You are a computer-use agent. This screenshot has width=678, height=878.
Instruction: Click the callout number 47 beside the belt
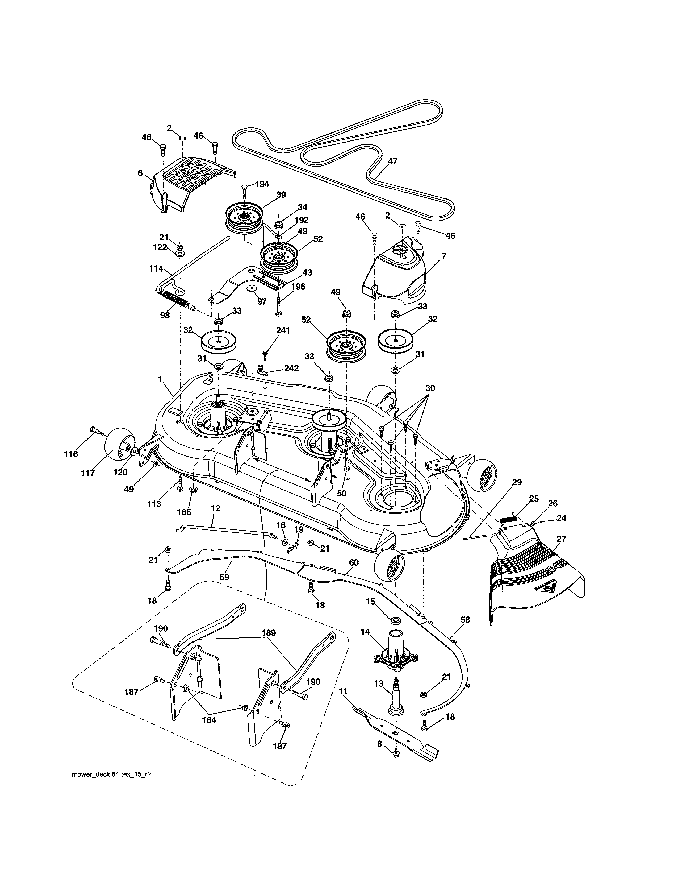tap(392, 161)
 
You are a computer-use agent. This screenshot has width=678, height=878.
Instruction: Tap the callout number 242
tap(291, 368)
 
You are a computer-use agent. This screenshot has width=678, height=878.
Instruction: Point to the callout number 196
tap(298, 287)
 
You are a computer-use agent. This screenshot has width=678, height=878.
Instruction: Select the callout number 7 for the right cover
tap(443, 256)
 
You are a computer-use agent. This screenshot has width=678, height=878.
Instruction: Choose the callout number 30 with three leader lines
tap(430, 388)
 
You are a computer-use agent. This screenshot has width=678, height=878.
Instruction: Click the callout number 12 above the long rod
tap(216, 508)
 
